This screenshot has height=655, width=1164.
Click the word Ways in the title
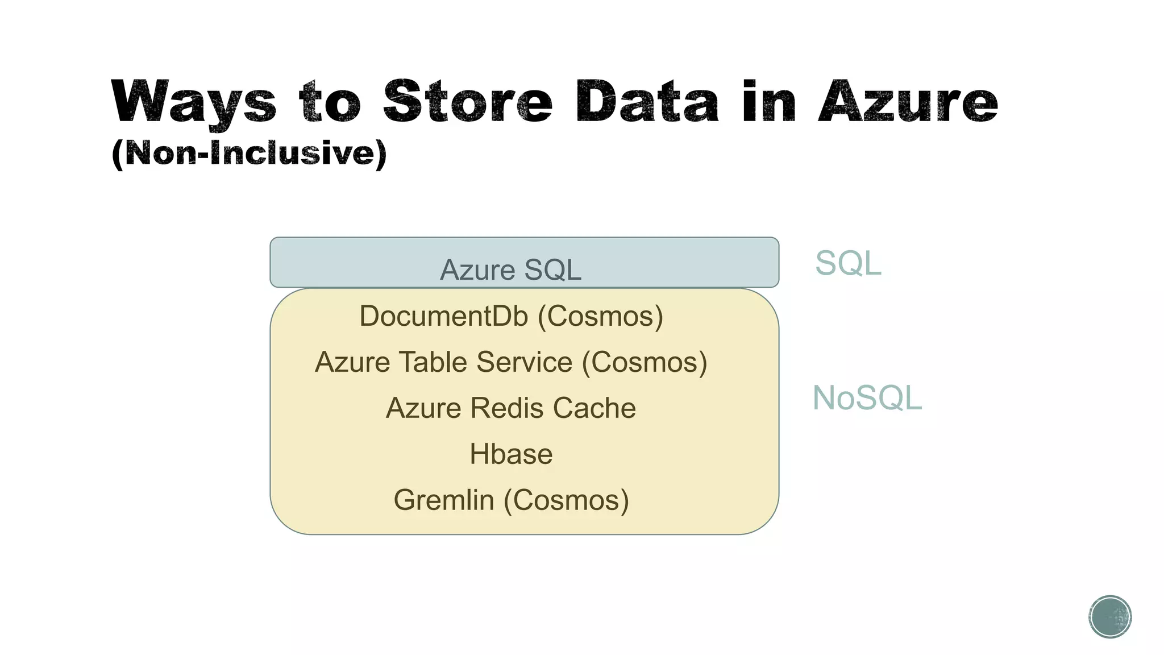(x=194, y=102)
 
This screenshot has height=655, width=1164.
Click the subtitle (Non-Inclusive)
(x=249, y=154)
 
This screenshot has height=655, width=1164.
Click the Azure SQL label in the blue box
(x=510, y=270)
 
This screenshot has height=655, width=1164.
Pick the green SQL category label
(x=848, y=263)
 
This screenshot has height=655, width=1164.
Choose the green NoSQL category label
(x=867, y=397)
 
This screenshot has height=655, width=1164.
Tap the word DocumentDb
(x=443, y=316)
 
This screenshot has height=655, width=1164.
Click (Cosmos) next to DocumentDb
(x=601, y=316)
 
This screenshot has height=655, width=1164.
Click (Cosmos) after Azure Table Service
(x=645, y=362)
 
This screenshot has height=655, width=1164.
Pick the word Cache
(x=594, y=408)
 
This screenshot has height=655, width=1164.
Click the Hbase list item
(x=511, y=454)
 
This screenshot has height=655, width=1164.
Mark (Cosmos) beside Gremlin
(x=567, y=500)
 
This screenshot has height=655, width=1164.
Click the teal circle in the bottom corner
(x=1110, y=617)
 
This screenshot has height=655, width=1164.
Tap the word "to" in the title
(x=330, y=102)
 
